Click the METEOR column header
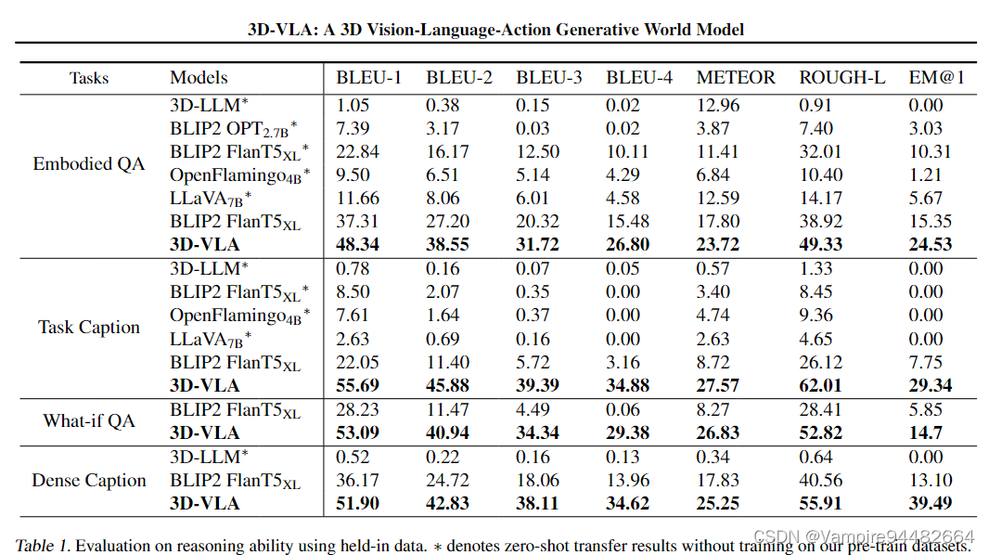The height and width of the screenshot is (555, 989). pos(736,78)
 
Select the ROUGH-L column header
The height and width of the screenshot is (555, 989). pos(839,78)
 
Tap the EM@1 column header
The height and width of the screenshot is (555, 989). pos(937,78)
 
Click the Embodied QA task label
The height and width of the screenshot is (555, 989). pos(89,164)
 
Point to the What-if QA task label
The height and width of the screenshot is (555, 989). pos(89,420)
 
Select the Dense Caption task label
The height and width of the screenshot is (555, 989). pos(89,481)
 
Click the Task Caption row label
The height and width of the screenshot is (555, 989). pos(89,328)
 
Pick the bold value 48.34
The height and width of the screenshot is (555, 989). pos(359,245)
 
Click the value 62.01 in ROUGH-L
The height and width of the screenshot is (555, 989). pos(822,385)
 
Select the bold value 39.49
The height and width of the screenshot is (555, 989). pos(931,503)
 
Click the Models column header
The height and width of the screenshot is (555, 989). pos(199,78)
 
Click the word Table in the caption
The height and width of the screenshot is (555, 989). pos(33,545)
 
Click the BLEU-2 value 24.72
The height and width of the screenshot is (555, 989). pos(448,480)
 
